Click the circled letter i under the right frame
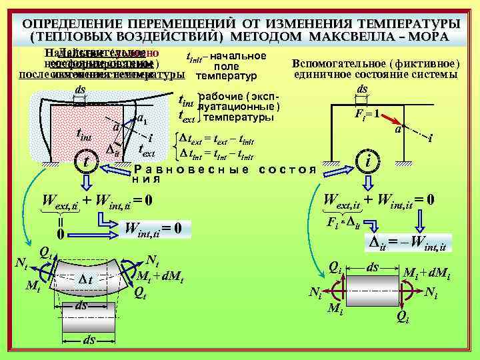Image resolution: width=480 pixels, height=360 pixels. (368, 160)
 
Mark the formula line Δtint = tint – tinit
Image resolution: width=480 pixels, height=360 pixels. (219, 154)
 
